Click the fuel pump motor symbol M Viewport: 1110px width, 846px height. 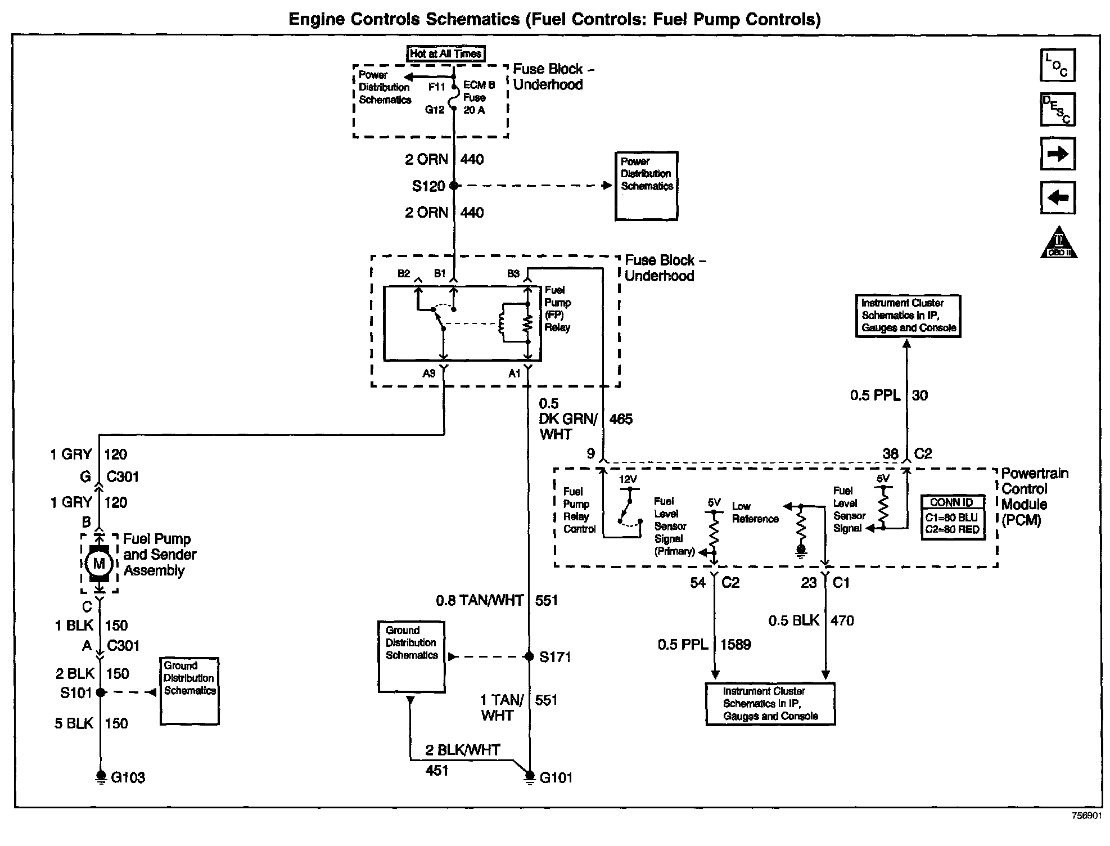tap(99, 563)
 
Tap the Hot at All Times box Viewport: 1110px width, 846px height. tap(445, 54)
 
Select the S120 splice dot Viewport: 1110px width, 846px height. tap(454, 186)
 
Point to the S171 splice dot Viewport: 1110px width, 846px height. tap(529, 656)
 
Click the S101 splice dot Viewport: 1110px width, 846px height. tap(101, 692)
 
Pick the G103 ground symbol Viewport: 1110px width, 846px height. tap(101, 777)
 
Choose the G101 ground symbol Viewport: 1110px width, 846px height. tap(529, 777)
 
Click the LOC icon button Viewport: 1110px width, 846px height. tap(1058, 65)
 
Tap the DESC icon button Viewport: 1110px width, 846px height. tap(1058, 109)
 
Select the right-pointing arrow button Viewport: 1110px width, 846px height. tap(1058, 154)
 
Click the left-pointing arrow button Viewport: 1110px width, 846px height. tap(1058, 197)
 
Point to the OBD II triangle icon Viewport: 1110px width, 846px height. tap(1058, 242)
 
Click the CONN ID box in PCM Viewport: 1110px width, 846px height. tap(953, 517)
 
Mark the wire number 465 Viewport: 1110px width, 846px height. tap(621, 419)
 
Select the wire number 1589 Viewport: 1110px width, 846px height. tap(736, 644)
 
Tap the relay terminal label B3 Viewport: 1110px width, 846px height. tap(513, 274)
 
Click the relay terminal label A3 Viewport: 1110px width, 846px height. tap(429, 373)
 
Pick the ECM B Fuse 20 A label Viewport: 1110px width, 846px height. tap(479, 98)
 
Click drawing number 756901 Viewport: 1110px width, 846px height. tap(1086, 816)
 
